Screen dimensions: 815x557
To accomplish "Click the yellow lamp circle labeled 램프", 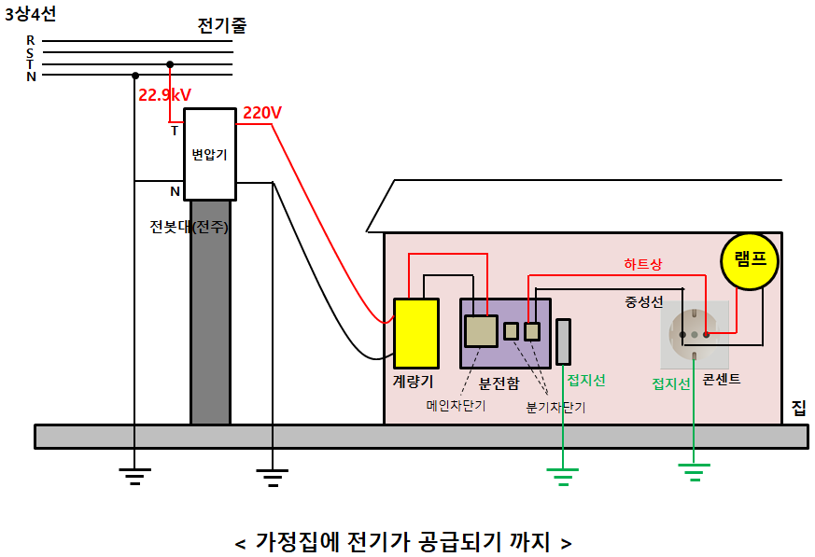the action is point(749,259).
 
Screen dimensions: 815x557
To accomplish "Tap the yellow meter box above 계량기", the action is point(416,332).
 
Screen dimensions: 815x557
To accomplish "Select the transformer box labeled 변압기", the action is point(209,154).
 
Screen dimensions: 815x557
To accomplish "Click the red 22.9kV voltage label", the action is point(165,94).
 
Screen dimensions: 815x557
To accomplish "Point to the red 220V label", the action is point(262,113).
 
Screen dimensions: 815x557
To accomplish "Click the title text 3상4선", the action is point(31,14).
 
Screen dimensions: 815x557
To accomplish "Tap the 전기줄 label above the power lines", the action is point(222,26).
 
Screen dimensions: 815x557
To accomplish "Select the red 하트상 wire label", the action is point(642,264).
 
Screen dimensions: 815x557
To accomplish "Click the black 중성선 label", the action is point(644,301).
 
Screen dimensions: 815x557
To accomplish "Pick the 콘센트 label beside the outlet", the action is point(722,380).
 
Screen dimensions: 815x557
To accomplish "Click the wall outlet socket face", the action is point(695,333).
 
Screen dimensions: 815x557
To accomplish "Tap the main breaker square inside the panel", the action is point(481,331).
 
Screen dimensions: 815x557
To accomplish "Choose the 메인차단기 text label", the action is point(456,406).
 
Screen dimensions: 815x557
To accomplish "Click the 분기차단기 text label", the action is point(555,408).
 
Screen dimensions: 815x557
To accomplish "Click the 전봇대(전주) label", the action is point(189,226).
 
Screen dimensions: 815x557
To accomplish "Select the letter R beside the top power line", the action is point(31,40).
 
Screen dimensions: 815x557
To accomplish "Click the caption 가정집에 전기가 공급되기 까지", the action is point(402,541).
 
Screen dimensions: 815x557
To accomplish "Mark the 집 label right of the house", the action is point(798,408).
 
